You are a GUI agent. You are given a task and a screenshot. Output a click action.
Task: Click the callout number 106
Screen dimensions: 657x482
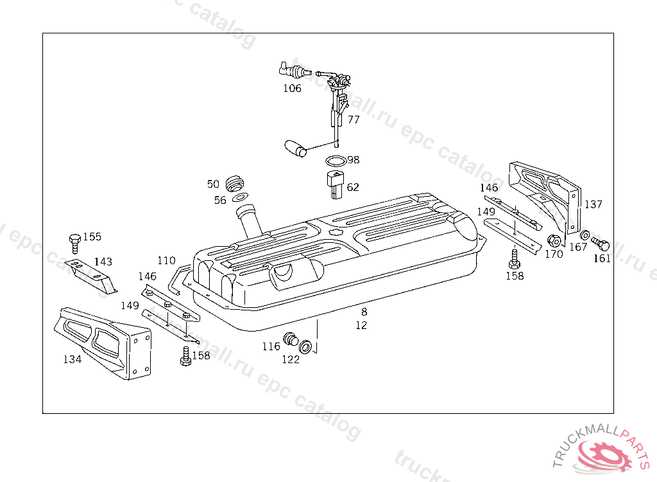(292, 88)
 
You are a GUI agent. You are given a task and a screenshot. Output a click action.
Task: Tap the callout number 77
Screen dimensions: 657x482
(354, 120)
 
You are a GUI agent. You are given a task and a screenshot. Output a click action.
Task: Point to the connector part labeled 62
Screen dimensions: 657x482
(335, 183)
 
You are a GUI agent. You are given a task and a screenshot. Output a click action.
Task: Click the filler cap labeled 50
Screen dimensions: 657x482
(236, 183)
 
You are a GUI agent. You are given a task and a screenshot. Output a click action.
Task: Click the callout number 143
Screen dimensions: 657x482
(103, 262)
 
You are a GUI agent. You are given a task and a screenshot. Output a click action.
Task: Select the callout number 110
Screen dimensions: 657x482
(166, 260)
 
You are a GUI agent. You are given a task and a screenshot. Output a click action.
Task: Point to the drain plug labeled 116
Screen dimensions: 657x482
(291, 339)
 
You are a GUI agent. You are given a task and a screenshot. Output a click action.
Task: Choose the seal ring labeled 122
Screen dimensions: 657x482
(307, 347)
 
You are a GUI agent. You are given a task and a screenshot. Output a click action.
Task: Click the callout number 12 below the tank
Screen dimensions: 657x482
(361, 325)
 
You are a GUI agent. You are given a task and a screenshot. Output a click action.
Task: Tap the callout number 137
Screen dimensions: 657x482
(593, 204)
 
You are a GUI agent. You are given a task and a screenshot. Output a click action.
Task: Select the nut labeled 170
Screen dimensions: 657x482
(554, 241)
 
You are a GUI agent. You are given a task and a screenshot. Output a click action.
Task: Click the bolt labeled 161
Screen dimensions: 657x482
(601, 244)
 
